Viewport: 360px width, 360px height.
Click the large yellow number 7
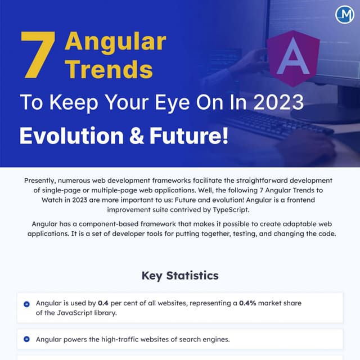point(38,55)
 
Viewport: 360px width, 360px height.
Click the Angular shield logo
point(294,58)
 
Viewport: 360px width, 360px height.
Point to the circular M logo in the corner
point(344,15)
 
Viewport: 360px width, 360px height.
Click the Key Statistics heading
point(180,276)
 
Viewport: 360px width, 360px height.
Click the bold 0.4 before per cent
point(103,303)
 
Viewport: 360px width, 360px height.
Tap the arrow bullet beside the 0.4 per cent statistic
point(26,304)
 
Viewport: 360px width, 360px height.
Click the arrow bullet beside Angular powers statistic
point(26,339)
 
